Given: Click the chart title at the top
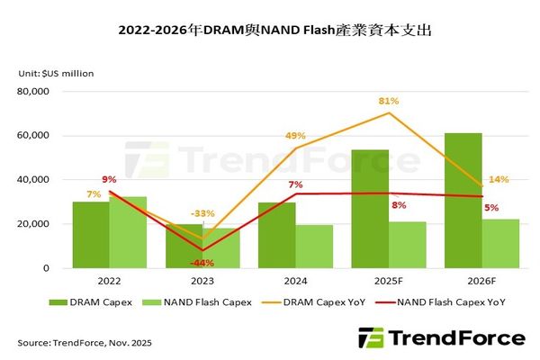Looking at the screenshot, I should [x=270, y=31].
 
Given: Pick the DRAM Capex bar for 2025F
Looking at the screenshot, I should [x=369, y=209].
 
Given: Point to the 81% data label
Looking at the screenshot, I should [x=390, y=100].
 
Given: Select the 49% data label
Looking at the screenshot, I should [x=296, y=136].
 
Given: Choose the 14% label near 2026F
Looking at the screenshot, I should [x=499, y=179].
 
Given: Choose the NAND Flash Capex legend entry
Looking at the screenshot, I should [x=204, y=302].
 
